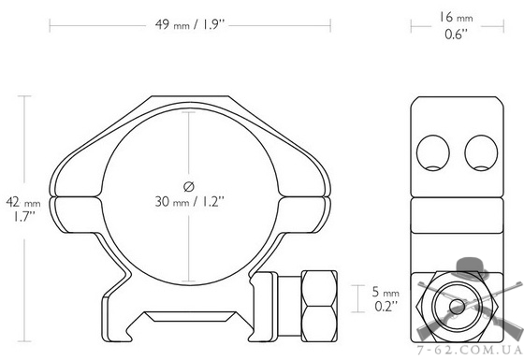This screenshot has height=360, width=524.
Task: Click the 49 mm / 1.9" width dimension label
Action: pyautogui.click(x=189, y=24)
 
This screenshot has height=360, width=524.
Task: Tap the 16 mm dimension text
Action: pyautogui.click(x=456, y=18)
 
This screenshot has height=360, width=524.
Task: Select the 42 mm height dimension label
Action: pyautogui.click(x=23, y=202)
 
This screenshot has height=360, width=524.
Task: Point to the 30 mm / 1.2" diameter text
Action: pyautogui.click(x=189, y=202)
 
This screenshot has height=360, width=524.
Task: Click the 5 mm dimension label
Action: pyautogui.click(x=386, y=292)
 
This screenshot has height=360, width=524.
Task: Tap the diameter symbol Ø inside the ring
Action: pyautogui.click(x=189, y=186)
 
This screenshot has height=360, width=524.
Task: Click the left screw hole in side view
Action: pyautogui.click(x=432, y=152)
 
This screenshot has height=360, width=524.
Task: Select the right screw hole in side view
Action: pyautogui.click(x=481, y=152)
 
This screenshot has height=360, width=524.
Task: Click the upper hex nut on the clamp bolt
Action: pyautogui.click(x=319, y=288)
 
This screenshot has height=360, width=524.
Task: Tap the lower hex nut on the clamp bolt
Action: pyautogui.click(x=319, y=324)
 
